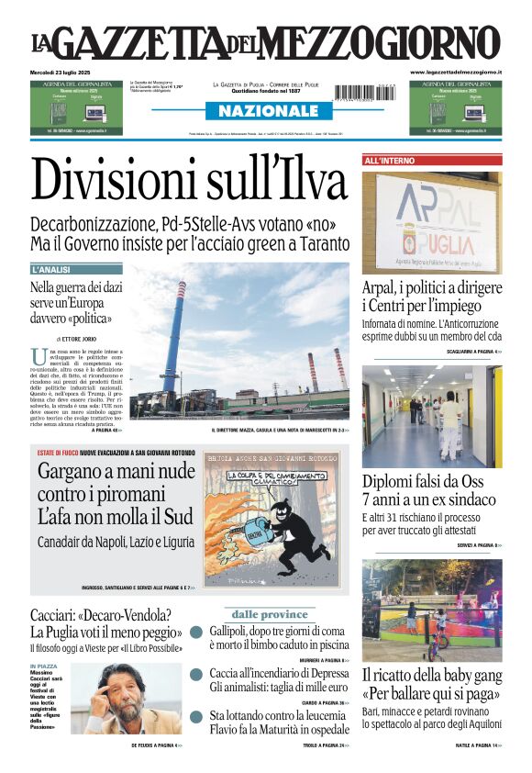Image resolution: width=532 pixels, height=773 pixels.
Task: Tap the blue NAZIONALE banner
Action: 262,111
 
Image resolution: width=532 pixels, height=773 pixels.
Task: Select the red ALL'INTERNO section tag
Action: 391,161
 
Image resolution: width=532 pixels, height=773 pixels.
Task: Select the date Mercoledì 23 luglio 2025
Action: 63,72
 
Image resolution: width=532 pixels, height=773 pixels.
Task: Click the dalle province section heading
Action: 269,614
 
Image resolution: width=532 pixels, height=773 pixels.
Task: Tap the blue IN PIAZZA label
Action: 44,667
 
